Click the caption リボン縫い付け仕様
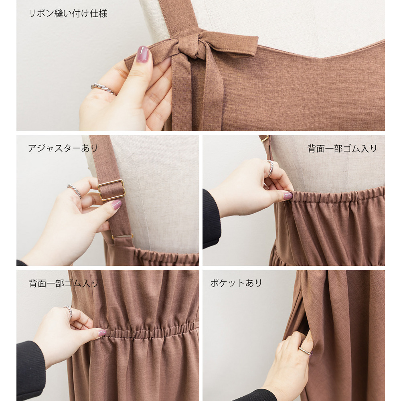tap(67, 14)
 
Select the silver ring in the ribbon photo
tap(104, 89)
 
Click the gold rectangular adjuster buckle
tap(111, 190)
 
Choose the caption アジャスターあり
tap(63, 148)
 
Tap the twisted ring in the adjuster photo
tap(75, 191)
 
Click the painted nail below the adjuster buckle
tap(116, 205)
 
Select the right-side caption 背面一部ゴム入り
tap(342, 148)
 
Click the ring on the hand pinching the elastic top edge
tap(270, 168)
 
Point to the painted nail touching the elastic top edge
tap(288, 196)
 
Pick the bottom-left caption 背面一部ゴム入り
tap(64, 283)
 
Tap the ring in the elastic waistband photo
tap(69, 312)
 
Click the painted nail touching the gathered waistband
tap(102, 333)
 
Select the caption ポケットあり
tap(236, 283)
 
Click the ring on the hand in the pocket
tap(305, 350)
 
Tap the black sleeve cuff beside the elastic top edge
tap(211, 219)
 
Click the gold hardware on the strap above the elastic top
tap(264, 138)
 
